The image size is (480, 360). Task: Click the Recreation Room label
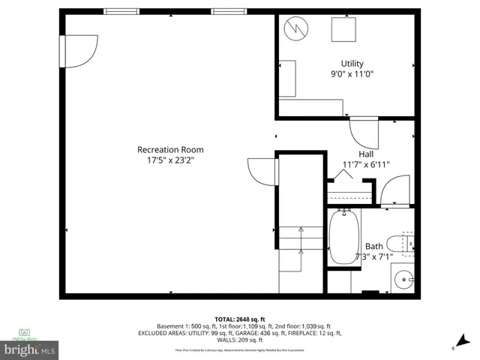[x=170, y=149]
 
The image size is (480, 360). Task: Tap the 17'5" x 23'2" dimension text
[x=170, y=160]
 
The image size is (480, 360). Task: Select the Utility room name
[x=352, y=63]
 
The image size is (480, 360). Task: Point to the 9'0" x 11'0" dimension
[x=352, y=74]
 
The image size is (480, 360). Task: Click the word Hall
[x=365, y=154]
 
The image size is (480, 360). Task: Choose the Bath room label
[x=373, y=246]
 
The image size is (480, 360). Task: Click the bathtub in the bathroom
[x=344, y=237]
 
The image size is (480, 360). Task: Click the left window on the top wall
[x=121, y=11]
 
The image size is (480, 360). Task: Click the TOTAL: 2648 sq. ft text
[x=240, y=319]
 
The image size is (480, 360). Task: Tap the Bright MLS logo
[x=30, y=349]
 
